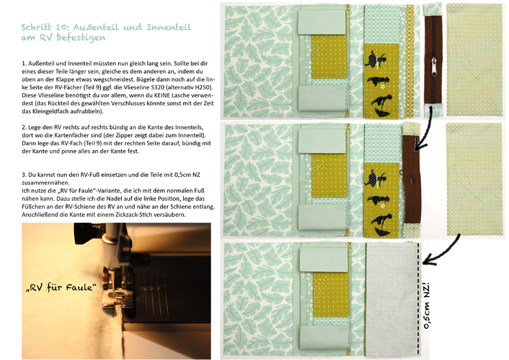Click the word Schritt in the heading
point(37,27)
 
